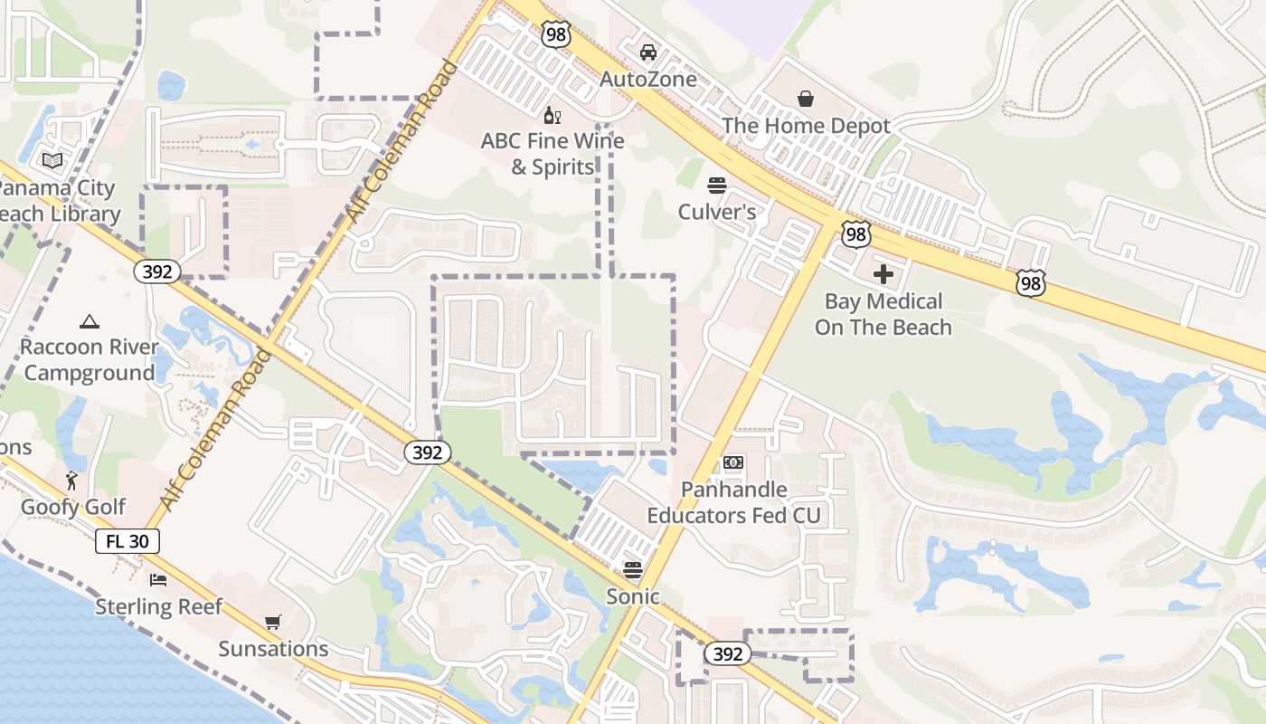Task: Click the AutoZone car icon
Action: (x=648, y=52)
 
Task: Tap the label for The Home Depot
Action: (x=806, y=126)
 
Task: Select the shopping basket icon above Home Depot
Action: (x=806, y=99)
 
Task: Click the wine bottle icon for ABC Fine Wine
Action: (x=552, y=115)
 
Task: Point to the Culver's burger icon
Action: (x=717, y=186)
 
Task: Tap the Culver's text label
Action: (x=717, y=213)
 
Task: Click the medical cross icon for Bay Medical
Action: (x=883, y=273)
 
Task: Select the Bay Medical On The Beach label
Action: (x=883, y=314)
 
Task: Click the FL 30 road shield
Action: (x=128, y=541)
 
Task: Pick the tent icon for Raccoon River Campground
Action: (x=89, y=321)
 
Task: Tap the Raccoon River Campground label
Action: (x=89, y=360)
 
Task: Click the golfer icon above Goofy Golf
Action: (x=72, y=481)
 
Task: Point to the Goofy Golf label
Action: (x=73, y=507)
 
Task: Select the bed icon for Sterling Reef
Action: (x=158, y=579)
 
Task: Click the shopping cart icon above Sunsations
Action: (x=272, y=622)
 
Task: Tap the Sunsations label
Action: (x=273, y=649)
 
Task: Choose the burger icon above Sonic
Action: (x=633, y=570)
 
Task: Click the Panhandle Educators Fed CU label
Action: (x=733, y=502)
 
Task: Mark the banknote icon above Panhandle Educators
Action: (x=733, y=462)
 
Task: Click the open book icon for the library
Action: (x=52, y=160)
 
